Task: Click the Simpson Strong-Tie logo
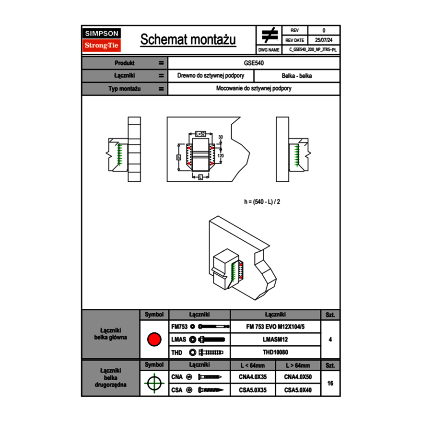[x=102, y=40]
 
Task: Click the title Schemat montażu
[x=188, y=40]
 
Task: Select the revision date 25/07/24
[x=324, y=40]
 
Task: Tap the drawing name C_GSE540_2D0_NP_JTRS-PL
[x=313, y=49]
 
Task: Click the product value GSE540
[x=254, y=63]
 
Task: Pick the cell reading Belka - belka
[x=297, y=76]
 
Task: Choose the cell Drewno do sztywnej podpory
[x=211, y=76]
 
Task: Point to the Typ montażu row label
[x=124, y=89]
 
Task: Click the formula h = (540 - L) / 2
[x=262, y=201]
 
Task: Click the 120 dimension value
[x=221, y=156]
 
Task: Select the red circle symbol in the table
[x=154, y=340]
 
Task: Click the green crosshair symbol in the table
[x=154, y=383]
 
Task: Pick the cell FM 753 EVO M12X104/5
[x=275, y=327]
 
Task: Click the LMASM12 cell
[x=275, y=340]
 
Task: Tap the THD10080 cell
[x=275, y=352]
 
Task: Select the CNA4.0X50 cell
[x=298, y=377]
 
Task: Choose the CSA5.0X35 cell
[x=253, y=390]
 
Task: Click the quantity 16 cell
[x=330, y=383]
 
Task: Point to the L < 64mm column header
[x=253, y=365]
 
